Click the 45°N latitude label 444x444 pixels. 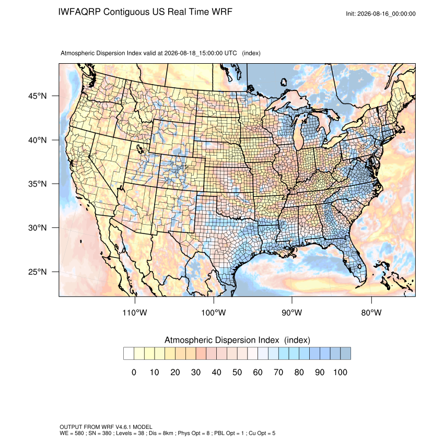click(x=38, y=96)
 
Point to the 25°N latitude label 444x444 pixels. click(x=38, y=272)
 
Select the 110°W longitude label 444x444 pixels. click(x=135, y=312)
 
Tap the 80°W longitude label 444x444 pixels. click(x=371, y=312)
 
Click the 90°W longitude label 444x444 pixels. click(x=291, y=312)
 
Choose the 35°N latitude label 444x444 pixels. click(x=38, y=184)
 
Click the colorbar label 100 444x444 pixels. click(x=340, y=372)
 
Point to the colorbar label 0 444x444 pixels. click(x=134, y=372)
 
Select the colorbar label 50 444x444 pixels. click(x=237, y=372)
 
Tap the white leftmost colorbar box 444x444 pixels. click(x=128, y=354)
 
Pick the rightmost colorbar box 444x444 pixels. click(x=345, y=354)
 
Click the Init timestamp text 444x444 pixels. click(x=381, y=14)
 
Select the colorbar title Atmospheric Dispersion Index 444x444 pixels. click(x=221, y=340)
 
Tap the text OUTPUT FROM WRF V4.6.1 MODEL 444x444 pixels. click(x=106, y=427)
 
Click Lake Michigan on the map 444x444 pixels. click(x=298, y=134)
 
